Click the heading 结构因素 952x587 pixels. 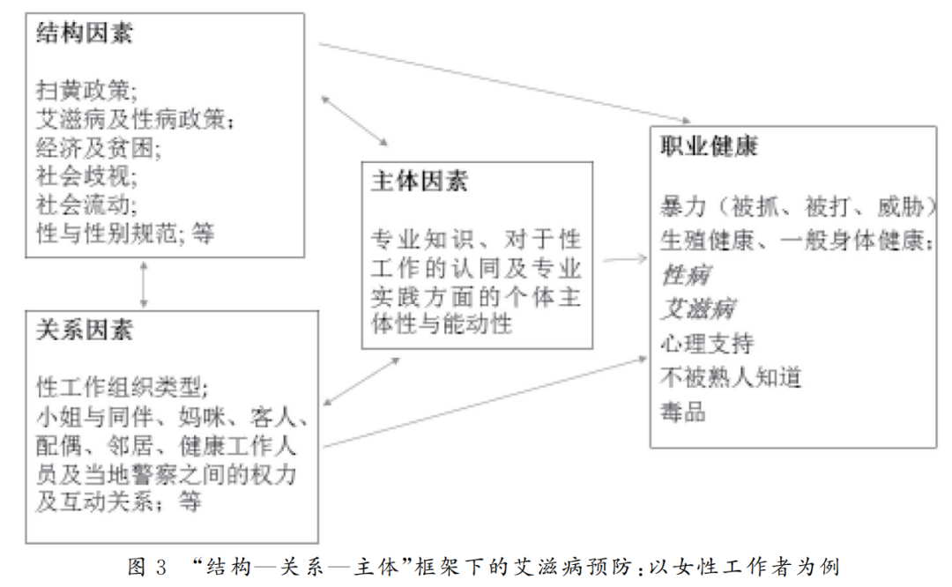(86, 35)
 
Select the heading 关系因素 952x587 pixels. (86, 331)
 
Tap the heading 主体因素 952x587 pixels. (420, 182)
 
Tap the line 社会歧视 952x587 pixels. (86, 176)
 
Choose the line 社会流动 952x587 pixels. (86, 204)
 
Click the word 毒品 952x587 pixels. (683, 411)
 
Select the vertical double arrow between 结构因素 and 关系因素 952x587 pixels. (144, 284)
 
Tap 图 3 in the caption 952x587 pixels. (146, 566)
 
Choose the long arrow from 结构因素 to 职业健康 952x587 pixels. (502, 81)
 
